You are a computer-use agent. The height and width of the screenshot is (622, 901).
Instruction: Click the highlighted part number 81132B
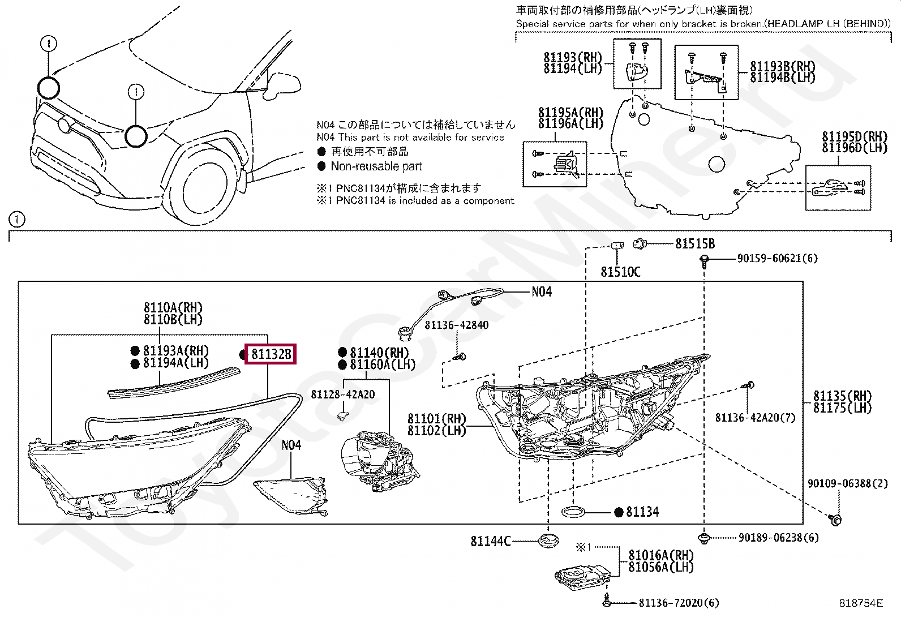click(271, 354)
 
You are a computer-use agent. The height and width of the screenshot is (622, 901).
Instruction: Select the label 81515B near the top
click(694, 244)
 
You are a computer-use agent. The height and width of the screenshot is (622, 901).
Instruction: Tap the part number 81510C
click(620, 272)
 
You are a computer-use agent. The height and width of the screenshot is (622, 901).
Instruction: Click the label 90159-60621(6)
click(777, 259)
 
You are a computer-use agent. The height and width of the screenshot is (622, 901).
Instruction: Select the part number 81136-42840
click(456, 325)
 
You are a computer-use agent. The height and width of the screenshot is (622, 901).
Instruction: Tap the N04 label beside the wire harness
click(541, 292)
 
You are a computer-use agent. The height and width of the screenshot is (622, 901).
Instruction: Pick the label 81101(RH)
click(436, 419)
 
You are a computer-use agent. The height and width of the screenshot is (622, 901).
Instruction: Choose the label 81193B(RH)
click(783, 66)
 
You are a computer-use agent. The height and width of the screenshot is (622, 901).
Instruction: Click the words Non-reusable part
click(376, 166)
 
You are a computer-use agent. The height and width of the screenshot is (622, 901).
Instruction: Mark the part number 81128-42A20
click(342, 394)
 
